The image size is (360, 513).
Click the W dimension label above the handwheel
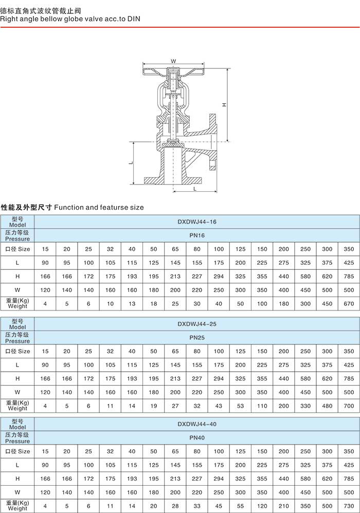point(173,61)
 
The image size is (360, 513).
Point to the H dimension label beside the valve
point(224,105)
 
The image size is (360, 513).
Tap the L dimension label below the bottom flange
point(195,189)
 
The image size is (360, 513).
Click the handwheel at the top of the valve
point(173,71)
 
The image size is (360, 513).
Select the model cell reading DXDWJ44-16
point(197,222)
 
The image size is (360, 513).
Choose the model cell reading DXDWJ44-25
point(197,324)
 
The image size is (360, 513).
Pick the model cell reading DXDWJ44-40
point(197,424)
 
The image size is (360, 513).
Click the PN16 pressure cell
point(197,235)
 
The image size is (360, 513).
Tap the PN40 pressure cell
point(197,438)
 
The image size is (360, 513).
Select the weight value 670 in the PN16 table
point(349,304)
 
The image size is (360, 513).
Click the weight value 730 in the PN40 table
point(349,506)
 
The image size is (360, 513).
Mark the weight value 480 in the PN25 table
point(327,406)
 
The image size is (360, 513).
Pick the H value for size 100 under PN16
point(219,277)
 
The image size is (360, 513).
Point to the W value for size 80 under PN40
point(197,492)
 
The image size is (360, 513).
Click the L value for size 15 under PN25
point(45,365)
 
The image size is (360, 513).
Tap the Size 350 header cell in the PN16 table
point(349,249)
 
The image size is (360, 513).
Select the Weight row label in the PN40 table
point(17,505)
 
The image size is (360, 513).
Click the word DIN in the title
point(134,19)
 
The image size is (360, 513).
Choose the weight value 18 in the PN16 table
point(154,304)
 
